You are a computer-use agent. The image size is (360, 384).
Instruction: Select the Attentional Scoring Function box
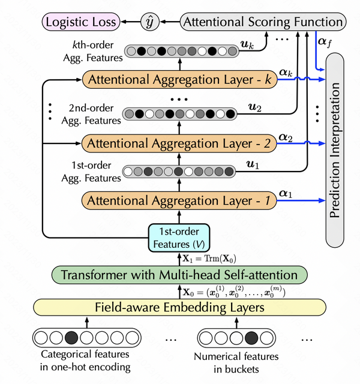click(x=263, y=23)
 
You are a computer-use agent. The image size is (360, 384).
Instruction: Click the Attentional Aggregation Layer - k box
click(x=179, y=80)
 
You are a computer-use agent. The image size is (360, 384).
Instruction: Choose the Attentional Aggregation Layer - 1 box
click(x=179, y=200)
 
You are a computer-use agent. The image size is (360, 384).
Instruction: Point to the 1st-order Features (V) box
click(x=179, y=238)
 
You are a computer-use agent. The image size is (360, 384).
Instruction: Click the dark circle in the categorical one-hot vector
click(x=71, y=337)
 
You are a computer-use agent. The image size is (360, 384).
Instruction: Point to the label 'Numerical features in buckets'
click(x=236, y=362)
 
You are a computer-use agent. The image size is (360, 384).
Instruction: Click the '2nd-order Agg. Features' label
click(x=91, y=115)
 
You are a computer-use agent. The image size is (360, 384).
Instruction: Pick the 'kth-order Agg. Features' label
click(x=91, y=52)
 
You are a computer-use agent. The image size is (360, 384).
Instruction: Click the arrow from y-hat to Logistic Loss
click(x=129, y=23)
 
